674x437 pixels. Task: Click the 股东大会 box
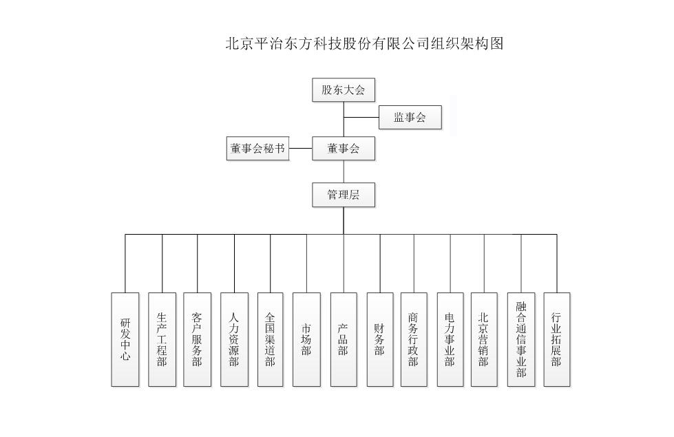click(x=344, y=89)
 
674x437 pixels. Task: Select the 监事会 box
click(x=410, y=117)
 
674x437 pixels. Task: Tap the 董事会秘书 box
click(x=258, y=149)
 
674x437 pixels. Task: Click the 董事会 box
click(x=344, y=149)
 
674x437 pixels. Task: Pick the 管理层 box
click(x=344, y=195)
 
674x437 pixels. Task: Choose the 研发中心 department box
click(x=125, y=339)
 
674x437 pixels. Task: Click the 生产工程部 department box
click(x=162, y=339)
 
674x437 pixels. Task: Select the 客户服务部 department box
click(x=198, y=339)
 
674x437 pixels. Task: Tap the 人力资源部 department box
click(x=234, y=339)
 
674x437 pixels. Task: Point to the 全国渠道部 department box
click(x=271, y=339)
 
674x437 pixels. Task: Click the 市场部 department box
click(x=306, y=339)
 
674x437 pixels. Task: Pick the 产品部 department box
click(x=344, y=339)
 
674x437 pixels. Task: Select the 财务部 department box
click(x=380, y=339)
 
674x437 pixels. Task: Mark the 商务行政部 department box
click(x=414, y=339)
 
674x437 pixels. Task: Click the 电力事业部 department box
click(x=450, y=339)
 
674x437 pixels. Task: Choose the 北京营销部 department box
click(x=484, y=339)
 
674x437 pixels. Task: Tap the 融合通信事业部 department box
click(x=521, y=339)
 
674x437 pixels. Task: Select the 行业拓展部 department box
click(x=557, y=339)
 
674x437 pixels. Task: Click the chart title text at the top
click(x=364, y=43)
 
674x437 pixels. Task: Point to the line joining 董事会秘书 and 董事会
click(x=301, y=148)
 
